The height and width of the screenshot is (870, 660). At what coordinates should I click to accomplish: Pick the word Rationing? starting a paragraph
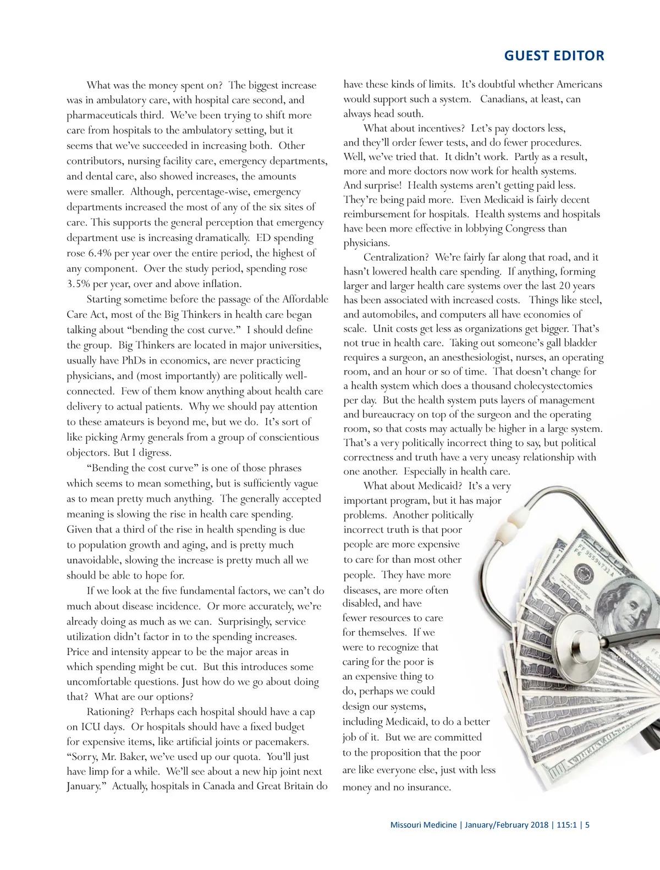111,712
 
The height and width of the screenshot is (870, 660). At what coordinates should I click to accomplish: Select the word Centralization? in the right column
396,257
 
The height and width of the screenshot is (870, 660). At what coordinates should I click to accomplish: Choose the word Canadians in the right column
509,100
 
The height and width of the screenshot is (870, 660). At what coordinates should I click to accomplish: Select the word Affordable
305,299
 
